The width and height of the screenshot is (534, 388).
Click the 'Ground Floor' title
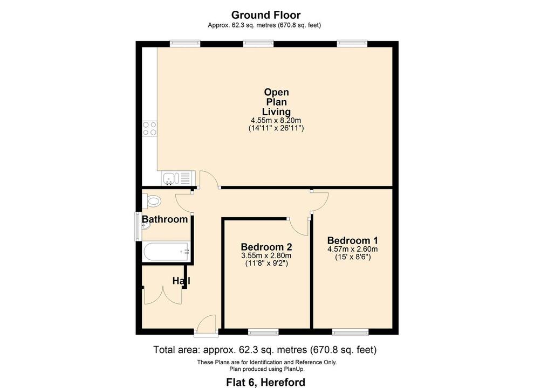click(x=266, y=15)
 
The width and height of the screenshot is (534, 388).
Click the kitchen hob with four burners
click(x=149, y=128)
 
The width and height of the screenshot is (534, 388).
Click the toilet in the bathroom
click(x=153, y=202)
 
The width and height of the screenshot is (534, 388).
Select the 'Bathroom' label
click(x=165, y=219)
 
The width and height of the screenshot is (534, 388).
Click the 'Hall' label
click(x=181, y=281)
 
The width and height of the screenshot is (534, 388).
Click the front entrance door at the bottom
click(x=206, y=324)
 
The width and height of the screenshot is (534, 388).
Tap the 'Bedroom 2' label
click(x=266, y=246)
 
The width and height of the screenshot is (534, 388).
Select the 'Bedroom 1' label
click(x=352, y=240)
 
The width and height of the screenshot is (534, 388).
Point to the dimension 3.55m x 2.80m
click(x=266, y=255)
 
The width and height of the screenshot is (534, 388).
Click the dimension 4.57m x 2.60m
click(x=352, y=249)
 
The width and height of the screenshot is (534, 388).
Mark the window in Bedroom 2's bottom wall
click(x=263, y=330)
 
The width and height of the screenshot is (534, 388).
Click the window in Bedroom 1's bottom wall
click(x=350, y=330)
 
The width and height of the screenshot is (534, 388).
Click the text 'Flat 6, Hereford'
click(x=266, y=382)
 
